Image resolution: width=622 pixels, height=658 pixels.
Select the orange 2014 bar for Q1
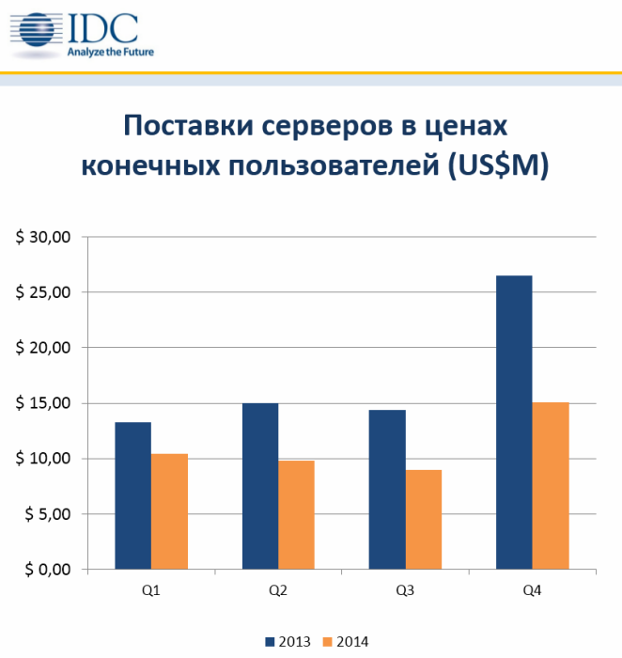coord(169,511)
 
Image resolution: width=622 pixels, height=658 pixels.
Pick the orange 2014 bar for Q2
coord(296,515)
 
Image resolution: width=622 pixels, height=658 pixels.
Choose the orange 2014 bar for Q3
coord(423,520)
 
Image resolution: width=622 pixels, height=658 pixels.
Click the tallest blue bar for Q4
coord(514,422)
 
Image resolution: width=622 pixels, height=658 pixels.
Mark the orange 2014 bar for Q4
coord(551,486)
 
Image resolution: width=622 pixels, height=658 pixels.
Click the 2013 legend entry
coord(286,641)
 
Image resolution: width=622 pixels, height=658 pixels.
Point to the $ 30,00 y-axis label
coord(43,237)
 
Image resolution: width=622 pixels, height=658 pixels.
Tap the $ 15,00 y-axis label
coord(43,403)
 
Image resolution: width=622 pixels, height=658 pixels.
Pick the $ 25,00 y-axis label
coord(43,292)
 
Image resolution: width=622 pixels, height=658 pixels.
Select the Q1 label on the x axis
coord(150,590)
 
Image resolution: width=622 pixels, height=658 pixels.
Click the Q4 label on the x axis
coord(532,590)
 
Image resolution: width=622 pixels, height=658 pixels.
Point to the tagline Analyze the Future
coord(112,52)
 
